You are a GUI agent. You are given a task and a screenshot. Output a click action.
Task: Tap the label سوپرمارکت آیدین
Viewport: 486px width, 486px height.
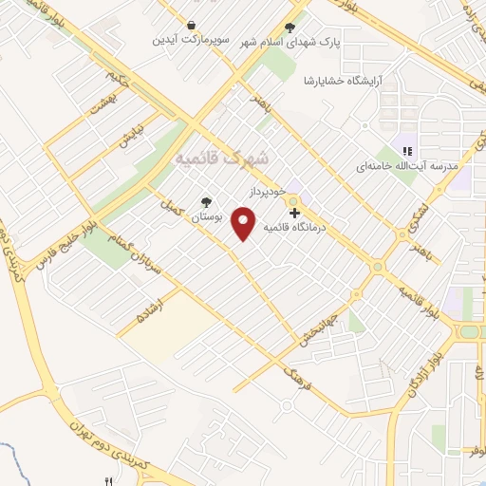coord(193,42)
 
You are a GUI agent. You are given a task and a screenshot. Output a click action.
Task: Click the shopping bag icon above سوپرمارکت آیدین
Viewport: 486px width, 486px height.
coord(193,27)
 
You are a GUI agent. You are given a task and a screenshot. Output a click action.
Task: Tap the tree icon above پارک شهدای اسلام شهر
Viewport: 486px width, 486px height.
coord(290,28)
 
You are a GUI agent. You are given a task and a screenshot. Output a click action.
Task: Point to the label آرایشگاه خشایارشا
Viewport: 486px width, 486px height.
coord(338,83)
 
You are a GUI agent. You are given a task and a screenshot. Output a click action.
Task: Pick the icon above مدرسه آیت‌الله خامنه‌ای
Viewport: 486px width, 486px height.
coord(407,151)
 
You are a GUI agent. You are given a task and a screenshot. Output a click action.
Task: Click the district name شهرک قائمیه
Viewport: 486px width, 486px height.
coord(222,159)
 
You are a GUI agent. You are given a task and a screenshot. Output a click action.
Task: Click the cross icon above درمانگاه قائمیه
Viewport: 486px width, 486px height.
coord(293,213)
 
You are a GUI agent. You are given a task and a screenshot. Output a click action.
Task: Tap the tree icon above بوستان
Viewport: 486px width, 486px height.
coord(206,201)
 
